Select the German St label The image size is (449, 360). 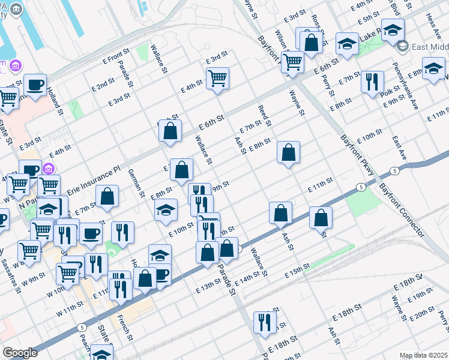(137, 182)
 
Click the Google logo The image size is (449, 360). (20, 352)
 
